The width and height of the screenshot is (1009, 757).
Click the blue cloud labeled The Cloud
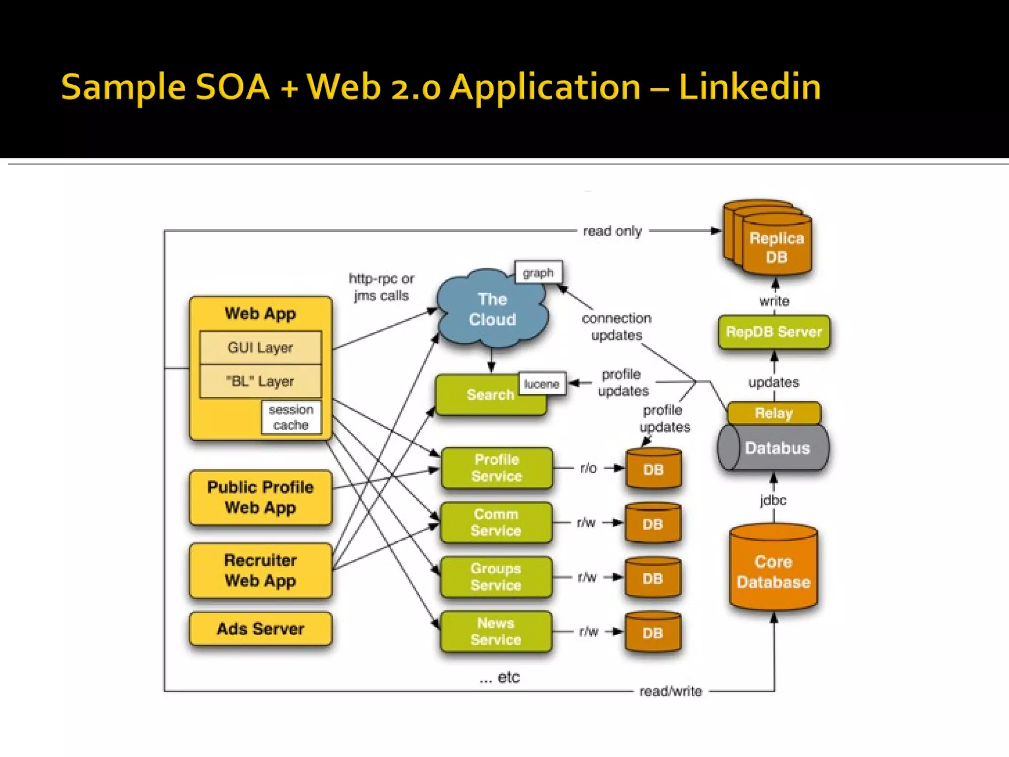pos(492,310)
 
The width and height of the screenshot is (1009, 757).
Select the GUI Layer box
pos(260,347)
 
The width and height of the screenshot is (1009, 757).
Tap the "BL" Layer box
pos(260,381)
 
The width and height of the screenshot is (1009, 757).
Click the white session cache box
pos(291,417)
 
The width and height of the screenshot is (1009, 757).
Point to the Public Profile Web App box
pos(260,497)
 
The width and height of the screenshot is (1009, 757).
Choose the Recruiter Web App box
pos(260,570)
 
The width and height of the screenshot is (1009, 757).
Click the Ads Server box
pos(260,629)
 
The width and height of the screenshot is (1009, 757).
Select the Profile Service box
pos(496,468)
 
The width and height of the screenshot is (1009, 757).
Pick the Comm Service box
pos(496,522)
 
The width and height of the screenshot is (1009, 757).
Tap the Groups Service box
pos(496,577)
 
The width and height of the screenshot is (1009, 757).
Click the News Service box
pos(496,631)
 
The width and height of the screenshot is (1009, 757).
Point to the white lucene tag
pos(541,384)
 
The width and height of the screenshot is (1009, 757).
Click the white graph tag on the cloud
pos(538,273)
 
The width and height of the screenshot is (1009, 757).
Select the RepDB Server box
pos(774,332)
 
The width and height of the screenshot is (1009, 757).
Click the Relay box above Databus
pos(774,413)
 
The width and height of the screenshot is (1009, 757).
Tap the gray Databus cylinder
pos(776,448)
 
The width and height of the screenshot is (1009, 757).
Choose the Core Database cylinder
pos(774,569)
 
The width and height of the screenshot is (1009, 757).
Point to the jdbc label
pos(773,500)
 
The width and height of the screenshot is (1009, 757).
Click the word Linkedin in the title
pos(749,87)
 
